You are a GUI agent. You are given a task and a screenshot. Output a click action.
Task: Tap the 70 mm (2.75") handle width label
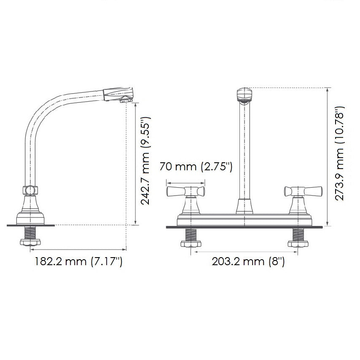(196, 167)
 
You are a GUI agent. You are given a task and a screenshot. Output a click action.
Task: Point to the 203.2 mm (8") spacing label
(248, 262)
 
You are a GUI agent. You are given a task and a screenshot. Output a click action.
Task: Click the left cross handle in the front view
(185, 192)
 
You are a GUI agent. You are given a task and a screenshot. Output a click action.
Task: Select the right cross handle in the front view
(303, 192)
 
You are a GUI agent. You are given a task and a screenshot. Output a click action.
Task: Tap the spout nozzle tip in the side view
(125, 99)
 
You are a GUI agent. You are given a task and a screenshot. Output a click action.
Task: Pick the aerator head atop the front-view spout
(245, 94)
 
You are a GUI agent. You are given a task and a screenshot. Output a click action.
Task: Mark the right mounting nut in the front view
(298, 243)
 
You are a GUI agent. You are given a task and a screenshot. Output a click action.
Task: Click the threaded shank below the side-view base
(30, 232)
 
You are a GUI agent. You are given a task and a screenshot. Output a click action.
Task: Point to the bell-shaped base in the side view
(30, 213)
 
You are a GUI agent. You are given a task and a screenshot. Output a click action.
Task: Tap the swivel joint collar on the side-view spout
(30, 190)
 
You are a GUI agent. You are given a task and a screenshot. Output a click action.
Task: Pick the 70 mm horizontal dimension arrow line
(185, 183)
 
